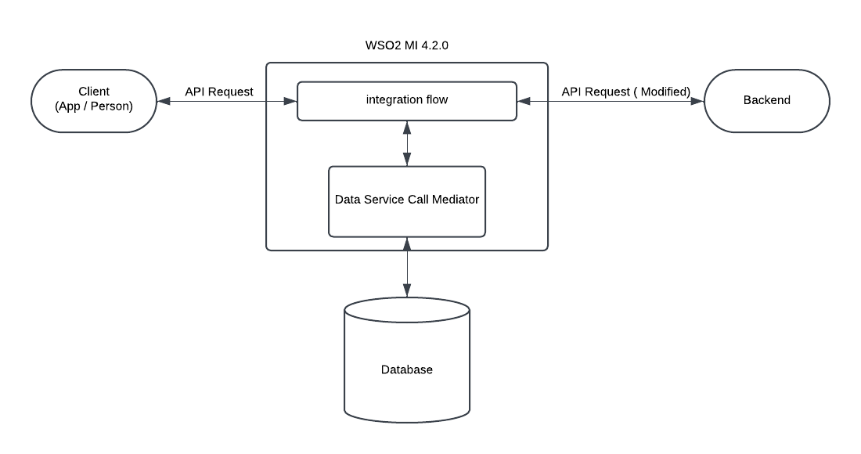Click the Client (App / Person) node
(x=93, y=101)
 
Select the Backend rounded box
(x=766, y=101)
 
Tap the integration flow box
(x=406, y=101)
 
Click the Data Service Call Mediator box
(x=406, y=200)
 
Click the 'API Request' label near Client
(x=219, y=92)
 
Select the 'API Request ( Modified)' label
(x=626, y=92)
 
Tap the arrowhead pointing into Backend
(x=698, y=101)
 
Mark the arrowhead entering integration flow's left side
(x=291, y=101)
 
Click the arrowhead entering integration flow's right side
(x=523, y=101)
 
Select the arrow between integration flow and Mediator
(x=406, y=143)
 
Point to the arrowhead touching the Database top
(x=406, y=292)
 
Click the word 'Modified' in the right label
(x=665, y=92)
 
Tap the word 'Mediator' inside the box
(x=453, y=200)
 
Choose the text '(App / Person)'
(x=93, y=107)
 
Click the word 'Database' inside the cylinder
(x=406, y=369)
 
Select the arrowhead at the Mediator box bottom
(x=406, y=242)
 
